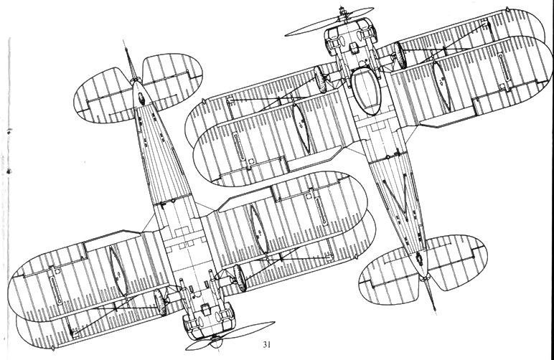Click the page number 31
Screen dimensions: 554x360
[267, 344]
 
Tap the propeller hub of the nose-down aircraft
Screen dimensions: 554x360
[216, 340]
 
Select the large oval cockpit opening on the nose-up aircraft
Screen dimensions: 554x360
[367, 91]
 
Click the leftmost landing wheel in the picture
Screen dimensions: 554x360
[160, 302]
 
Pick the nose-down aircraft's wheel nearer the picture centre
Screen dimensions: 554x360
[240, 278]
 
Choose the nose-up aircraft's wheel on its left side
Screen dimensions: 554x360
[320, 79]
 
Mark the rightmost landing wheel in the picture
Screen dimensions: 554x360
[400, 55]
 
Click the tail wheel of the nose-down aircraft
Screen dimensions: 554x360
[141, 99]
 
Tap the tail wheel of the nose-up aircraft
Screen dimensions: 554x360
[420, 259]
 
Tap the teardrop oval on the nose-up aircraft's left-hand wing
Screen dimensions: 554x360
[301, 129]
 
